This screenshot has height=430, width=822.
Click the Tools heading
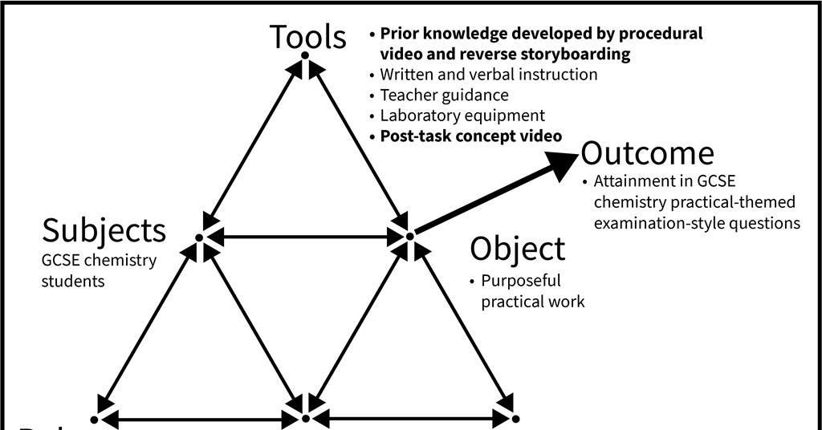coord(307,37)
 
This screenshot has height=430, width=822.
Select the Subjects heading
coord(104,230)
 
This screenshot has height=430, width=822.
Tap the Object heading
coord(517,249)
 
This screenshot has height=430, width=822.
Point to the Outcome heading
coord(647,152)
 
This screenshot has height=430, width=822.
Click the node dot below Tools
coord(305,55)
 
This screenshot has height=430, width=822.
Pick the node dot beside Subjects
coord(199,237)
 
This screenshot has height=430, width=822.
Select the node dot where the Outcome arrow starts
coord(409,236)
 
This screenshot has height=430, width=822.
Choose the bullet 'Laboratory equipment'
coord(462,116)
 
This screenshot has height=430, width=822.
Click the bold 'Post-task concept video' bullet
coord(470,136)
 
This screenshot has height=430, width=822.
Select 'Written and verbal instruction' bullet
coord(488,75)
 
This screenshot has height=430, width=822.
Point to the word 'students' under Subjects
coord(73,281)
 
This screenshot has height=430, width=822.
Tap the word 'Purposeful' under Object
coord(520,281)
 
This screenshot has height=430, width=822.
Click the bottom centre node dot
coord(305,418)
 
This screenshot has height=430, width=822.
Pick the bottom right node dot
coord(515,418)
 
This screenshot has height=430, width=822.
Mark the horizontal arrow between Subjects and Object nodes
coord(304,237)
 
